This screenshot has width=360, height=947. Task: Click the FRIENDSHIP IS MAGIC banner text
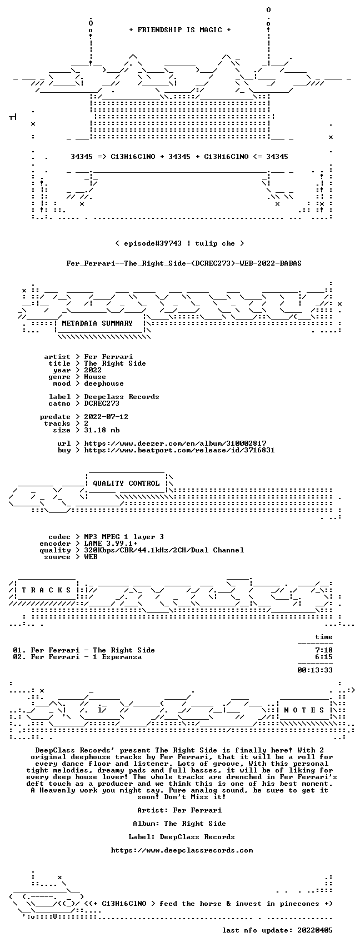(x=179, y=29)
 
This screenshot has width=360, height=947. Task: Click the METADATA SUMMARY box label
(x=97, y=323)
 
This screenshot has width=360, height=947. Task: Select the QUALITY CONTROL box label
(x=126, y=483)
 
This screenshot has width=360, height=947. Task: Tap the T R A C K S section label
(x=46, y=590)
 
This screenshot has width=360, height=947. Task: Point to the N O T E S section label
(x=304, y=710)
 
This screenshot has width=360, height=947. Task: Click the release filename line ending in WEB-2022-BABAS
(x=184, y=263)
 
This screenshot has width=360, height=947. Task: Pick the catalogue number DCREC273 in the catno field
(x=102, y=403)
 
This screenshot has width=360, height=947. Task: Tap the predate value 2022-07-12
(x=106, y=417)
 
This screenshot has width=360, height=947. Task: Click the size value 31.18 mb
(x=102, y=430)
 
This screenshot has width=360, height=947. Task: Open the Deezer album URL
(x=176, y=443)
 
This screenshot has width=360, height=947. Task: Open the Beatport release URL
(x=179, y=450)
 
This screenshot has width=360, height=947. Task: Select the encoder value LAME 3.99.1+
(x=111, y=544)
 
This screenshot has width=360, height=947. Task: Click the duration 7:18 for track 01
(x=324, y=650)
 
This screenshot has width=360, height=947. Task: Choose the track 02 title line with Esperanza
(x=77, y=657)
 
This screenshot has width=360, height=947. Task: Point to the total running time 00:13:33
(x=315, y=670)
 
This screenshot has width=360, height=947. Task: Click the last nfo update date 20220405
(x=315, y=930)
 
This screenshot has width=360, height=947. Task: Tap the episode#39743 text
(x=153, y=243)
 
